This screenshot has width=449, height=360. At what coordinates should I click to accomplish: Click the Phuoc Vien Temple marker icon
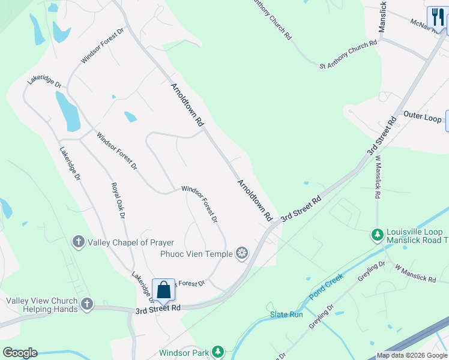coord(242,253)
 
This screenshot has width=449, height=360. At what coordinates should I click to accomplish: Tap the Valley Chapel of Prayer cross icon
coord(78,242)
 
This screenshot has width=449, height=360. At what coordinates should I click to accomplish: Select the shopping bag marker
coord(163,290)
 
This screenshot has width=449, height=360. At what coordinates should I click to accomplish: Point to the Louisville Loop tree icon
coord(378,236)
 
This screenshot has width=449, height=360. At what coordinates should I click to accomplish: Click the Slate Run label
coord(286,314)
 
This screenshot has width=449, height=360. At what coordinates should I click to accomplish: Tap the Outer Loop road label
coord(422,117)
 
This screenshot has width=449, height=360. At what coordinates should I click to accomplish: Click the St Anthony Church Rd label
coord(348,53)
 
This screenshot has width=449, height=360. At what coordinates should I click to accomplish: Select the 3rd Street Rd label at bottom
coord(158,310)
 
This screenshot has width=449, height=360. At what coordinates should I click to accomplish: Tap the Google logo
coord(20,353)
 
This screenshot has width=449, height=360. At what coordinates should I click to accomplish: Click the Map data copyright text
coord(412,355)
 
